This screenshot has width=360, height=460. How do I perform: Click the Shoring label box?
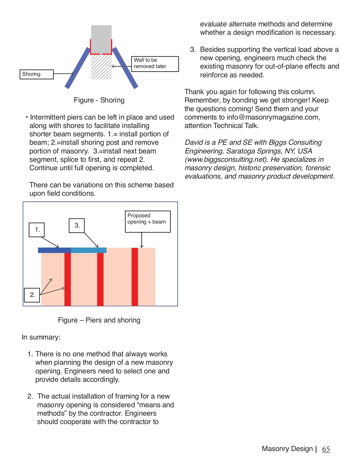pos(36,74)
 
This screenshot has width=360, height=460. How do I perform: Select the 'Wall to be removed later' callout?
pos(155,64)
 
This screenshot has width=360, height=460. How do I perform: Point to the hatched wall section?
pos(101,67)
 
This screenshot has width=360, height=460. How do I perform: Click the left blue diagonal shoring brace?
pos(77,68)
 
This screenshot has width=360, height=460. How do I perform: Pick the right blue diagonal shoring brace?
pos(125,68)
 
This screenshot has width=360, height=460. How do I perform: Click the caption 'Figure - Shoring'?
pos(99,100)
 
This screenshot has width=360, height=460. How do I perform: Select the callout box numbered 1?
pos(37,230)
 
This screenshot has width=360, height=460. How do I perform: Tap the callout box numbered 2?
pos(32,295)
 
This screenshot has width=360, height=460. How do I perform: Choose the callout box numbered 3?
pos(77,226)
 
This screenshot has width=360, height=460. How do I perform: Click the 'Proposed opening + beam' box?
pos(148,221)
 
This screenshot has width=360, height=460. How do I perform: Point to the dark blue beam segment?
pos(54,250)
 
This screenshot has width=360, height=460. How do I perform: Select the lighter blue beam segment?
pos(89,250)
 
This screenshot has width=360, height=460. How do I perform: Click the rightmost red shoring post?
pos(135,277)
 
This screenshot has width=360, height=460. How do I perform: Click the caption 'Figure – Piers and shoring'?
pos(99,320)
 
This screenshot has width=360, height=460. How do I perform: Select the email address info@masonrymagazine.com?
pos(273,117)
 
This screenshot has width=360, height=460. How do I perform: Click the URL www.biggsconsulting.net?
pos(226,159)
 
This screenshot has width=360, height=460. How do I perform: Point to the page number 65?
pos(326,449)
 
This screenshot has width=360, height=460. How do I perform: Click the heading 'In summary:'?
pos(41,337)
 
